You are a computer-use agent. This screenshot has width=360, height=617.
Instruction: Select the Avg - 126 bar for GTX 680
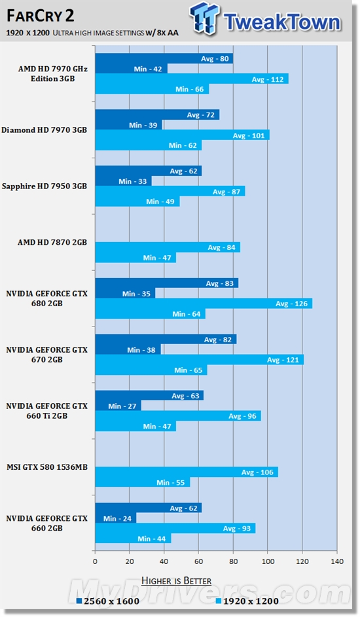[203, 304]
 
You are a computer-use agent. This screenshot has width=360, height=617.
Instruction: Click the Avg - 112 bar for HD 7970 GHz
[191, 79]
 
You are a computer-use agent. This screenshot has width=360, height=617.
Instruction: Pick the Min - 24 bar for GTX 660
[115, 518]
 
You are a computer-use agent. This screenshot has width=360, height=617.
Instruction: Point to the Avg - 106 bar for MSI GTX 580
[186, 472]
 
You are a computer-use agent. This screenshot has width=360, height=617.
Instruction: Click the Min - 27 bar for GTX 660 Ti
[118, 406]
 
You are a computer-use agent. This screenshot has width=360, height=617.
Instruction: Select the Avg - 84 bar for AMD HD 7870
[167, 247]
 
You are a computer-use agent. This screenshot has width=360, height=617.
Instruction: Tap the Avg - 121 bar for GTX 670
[199, 360]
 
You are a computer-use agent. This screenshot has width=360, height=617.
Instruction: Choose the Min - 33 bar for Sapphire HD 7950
[123, 181]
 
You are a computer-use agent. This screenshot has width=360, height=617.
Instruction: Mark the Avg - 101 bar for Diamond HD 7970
[182, 135]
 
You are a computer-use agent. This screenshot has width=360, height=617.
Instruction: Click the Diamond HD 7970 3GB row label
[44, 130]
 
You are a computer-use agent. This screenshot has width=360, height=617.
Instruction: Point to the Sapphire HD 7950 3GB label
[44, 186]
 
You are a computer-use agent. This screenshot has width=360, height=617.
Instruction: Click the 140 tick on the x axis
[336, 561]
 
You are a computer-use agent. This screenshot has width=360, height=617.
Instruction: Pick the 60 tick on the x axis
[198, 561]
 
